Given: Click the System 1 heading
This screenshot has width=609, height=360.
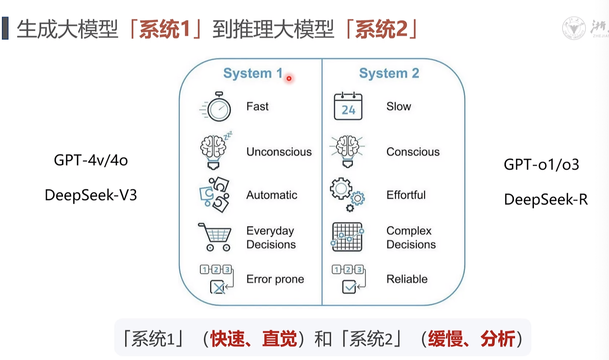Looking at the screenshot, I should (x=252, y=73).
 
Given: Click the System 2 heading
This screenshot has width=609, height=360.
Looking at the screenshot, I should (x=389, y=73).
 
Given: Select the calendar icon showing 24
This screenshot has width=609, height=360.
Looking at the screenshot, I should (x=348, y=106).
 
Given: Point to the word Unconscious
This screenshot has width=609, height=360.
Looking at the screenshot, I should (x=279, y=152).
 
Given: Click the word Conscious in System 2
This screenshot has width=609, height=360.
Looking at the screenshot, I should (x=413, y=152).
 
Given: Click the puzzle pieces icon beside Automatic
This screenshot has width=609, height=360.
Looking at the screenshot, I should (x=214, y=195).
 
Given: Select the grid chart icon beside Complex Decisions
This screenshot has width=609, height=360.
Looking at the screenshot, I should (x=347, y=237).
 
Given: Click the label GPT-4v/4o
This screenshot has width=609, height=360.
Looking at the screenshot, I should (x=91, y=160).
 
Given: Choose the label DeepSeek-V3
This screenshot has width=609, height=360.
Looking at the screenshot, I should (x=91, y=195).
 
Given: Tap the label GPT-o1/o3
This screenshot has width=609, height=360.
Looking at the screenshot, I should (x=541, y=165).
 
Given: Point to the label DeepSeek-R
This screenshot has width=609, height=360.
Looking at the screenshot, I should (x=546, y=200).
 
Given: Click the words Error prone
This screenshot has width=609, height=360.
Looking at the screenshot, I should (x=275, y=279).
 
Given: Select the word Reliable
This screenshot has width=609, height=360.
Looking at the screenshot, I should (x=407, y=279).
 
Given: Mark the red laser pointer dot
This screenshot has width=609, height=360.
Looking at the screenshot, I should (x=289, y=78).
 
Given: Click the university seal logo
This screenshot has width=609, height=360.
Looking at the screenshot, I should (x=574, y=28).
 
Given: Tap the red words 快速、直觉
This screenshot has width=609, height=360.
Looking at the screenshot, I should (x=253, y=338).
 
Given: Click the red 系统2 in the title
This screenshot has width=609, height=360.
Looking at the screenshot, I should (x=381, y=29).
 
